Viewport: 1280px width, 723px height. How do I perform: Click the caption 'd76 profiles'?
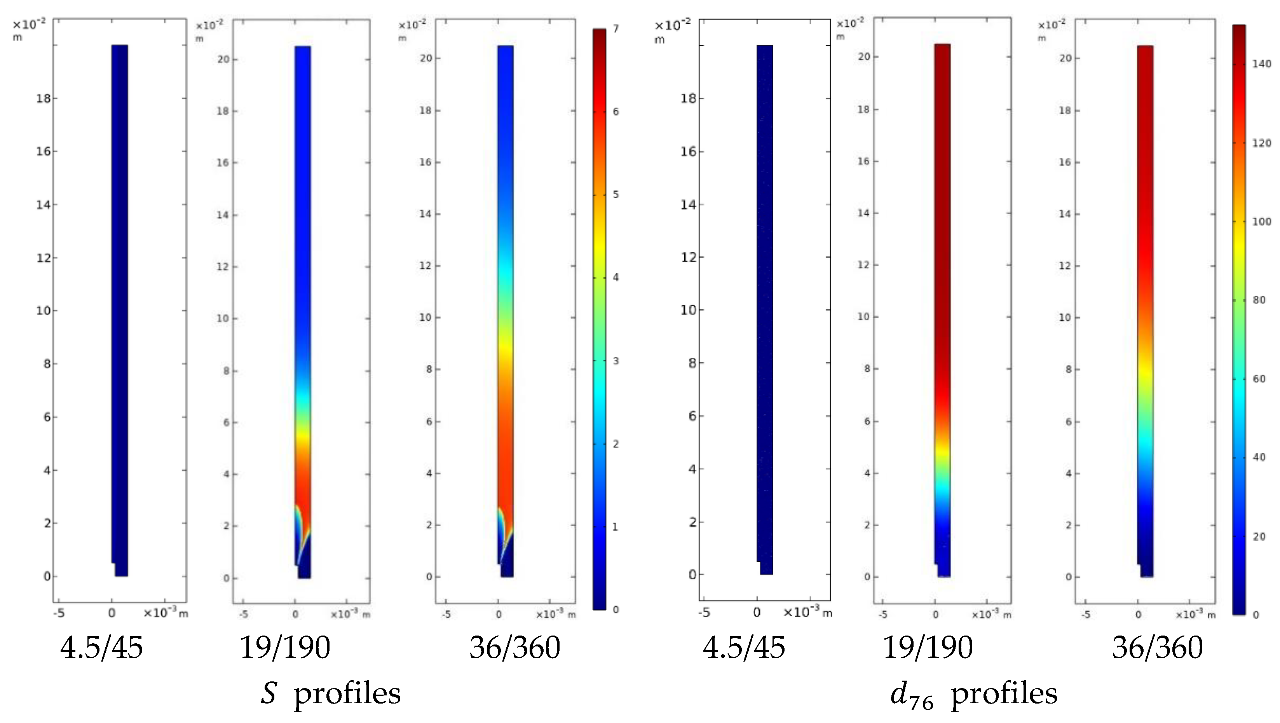(974, 694)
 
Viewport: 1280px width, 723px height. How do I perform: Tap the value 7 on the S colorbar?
(616, 29)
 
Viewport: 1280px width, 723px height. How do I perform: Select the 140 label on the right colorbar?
(1261, 64)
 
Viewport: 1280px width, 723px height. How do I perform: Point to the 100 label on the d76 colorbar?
(1261, 221)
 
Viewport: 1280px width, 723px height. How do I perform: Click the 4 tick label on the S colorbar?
(616, 277)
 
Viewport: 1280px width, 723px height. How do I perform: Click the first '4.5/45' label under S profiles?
(101, 648)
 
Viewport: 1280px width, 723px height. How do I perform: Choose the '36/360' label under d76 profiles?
(1157, 648)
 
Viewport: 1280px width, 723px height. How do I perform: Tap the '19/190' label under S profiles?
(285, 648)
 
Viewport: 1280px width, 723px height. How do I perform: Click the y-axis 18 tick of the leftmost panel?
(44, 98)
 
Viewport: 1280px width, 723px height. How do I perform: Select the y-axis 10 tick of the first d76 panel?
(688, 310)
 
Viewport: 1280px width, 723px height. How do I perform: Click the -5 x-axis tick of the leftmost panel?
(59, 613)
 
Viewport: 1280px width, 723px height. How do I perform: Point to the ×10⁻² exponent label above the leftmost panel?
(29, 24)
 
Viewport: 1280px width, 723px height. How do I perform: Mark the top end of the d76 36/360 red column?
(1145, 47)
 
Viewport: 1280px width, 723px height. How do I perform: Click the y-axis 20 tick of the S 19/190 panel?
(223, 59)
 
